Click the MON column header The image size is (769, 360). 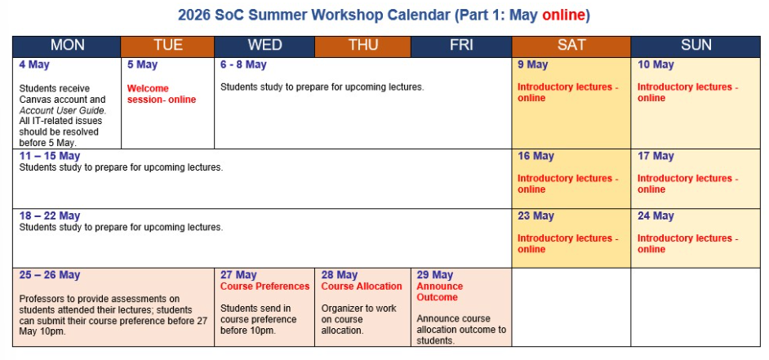[x=67, y=46]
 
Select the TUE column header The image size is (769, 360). [x=167, y=46]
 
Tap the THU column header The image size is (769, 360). [x=363, y=46]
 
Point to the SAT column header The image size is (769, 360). [x=571, y=46]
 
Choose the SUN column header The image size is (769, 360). [x=696, y=46]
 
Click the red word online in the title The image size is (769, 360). [x=563, y=16]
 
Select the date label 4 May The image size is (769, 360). [x=34, y=64]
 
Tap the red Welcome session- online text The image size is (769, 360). [x=162, y=94]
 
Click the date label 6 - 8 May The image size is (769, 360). [x=243, y=64]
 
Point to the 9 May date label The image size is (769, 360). [x=532, y=64]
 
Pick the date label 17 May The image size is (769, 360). [x=656, y=157]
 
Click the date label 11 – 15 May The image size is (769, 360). [x=50, y=156]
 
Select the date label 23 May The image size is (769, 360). [x=536, y=216]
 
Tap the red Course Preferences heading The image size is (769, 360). [x=264, y=287]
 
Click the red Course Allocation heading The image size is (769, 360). [x=362, y=287]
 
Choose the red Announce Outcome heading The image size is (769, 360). [x=440, y=291]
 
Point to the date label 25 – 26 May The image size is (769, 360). [x=50, y=275]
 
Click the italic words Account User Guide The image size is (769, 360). [x=62, y=110]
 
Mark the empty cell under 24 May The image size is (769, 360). [x=696, y=307]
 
